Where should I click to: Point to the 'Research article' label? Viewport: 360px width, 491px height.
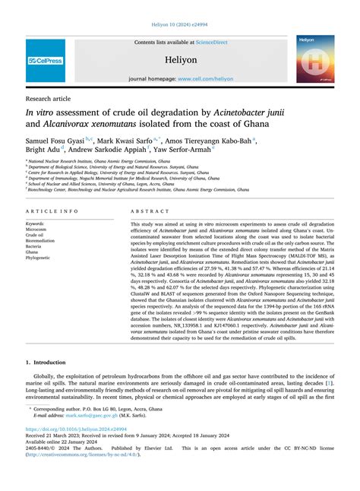[49, 99]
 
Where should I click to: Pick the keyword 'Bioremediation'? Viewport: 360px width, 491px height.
[43, 240]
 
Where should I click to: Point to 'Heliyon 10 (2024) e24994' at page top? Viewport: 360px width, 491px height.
[179, 24]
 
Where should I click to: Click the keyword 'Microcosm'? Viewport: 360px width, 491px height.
[39, 229]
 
